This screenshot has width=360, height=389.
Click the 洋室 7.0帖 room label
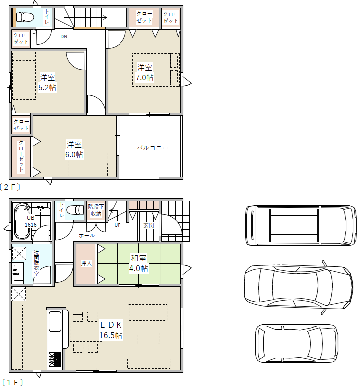pos(145,72)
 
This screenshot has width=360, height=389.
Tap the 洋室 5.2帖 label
pos(47,82)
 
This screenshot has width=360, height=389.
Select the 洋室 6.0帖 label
pos(74,149)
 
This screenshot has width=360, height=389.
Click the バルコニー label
pos(152,148)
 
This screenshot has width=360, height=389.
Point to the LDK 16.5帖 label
pos(111,330)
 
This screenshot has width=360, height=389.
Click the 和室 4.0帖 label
pos(139,263)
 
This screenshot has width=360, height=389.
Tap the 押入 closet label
pos(86,263)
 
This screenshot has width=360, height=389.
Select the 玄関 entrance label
pos(149,225)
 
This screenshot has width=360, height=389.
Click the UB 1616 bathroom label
pos(31,221)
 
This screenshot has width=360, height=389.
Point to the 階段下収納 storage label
pos(96,210)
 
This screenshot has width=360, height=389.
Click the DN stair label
pos(64,37)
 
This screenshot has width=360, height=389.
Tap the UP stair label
pos(118,225)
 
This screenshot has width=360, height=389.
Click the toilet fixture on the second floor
pos(25,17)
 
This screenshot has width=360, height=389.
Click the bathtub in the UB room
pos(22,221)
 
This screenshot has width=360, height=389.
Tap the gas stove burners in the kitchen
pos(55,359)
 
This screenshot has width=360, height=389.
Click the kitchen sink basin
pos(55,322)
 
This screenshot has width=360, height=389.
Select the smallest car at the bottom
pos(297,343)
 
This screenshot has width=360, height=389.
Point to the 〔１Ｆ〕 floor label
pos(12,382)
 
